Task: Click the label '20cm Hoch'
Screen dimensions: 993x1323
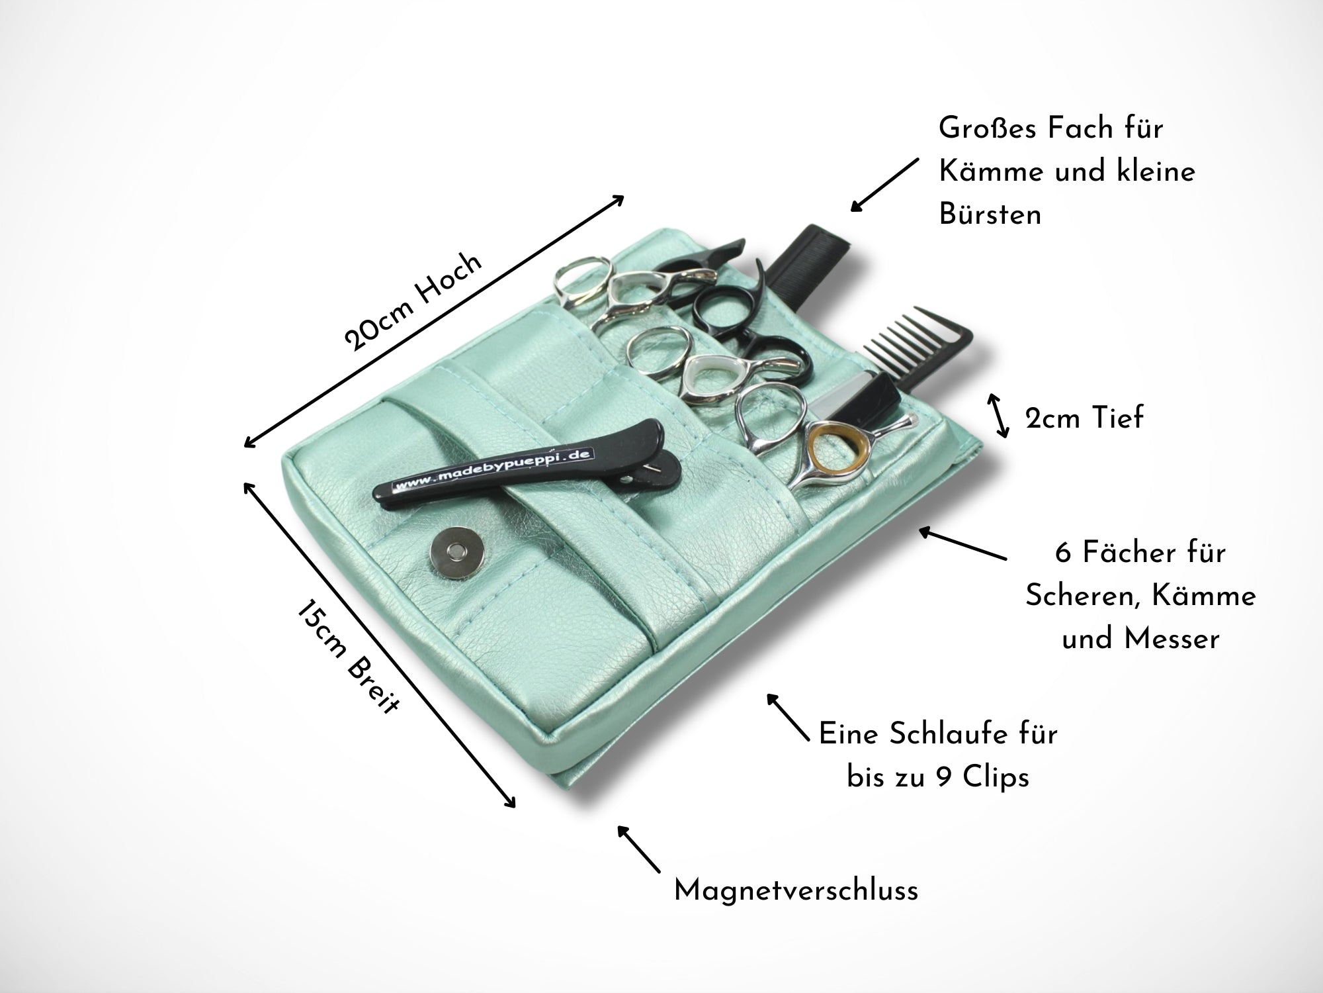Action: pyautogui.click(x=413, y=301)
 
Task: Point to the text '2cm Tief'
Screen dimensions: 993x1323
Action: pyautogui.click(x=1084, y=418)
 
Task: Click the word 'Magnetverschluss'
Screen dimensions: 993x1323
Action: pyautogui.click(x=796, y=890)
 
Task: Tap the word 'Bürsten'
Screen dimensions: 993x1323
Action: pyautogui.click(x=990, y=214)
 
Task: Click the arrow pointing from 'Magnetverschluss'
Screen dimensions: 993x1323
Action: pyautogui.click(x=638, y=848)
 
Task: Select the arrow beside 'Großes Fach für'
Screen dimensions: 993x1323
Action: pyautogui.click(x=884, y=185)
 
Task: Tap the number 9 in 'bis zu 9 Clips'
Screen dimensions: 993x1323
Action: pyautogui.click(x=945, y=777)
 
